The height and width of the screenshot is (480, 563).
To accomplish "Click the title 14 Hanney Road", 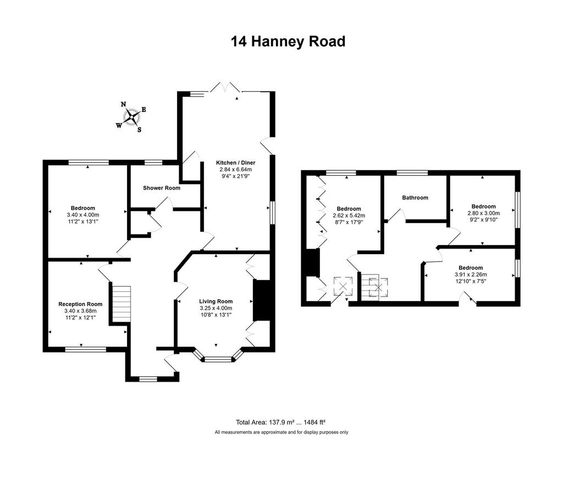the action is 288,41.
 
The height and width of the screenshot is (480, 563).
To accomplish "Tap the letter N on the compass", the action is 123,104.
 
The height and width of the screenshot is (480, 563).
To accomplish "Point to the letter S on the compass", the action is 139,130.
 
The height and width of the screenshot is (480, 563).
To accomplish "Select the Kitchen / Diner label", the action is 235,163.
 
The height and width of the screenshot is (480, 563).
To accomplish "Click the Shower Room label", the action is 162,188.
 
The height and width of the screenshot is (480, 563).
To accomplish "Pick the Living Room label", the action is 216,302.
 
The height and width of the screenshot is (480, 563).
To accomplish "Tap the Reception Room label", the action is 80,304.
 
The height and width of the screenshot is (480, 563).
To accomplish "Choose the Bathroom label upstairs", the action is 415,198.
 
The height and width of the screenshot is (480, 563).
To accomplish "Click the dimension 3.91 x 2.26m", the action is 471,275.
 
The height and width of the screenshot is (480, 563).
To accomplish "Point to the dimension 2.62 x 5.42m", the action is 349,216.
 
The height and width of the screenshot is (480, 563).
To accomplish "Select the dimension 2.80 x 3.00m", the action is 483,213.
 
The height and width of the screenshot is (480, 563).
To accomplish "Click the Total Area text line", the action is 281,422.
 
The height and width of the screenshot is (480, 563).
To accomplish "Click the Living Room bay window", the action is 218,358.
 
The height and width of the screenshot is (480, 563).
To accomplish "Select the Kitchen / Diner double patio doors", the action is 225,87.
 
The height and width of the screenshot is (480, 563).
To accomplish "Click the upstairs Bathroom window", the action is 412,173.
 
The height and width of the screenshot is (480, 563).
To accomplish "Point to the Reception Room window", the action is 86,349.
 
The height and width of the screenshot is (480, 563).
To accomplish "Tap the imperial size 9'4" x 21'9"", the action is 235,176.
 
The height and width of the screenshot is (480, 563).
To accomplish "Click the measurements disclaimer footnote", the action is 281,432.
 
